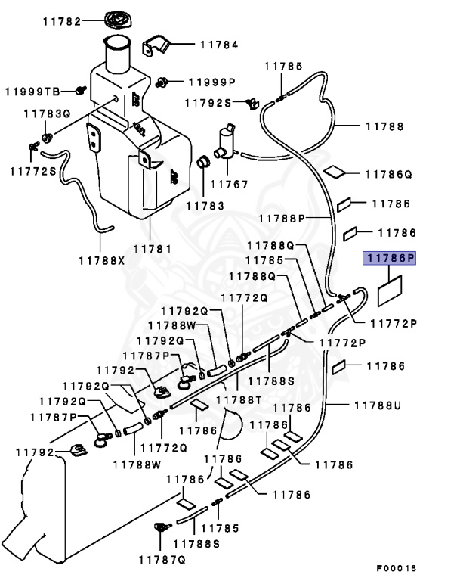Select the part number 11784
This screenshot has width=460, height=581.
218,45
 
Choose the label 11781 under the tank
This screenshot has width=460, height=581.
152,248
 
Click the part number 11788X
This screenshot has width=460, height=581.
101,260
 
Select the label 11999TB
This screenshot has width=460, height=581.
32,92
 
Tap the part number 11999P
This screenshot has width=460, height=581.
212,82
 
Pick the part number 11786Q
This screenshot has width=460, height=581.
388,174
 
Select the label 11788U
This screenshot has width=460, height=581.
376,405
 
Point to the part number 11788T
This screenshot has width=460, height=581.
239,399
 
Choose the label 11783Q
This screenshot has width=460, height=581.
46,113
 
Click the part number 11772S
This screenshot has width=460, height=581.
32,172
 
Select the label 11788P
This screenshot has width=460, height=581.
281,219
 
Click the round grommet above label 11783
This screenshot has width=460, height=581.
203,163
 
